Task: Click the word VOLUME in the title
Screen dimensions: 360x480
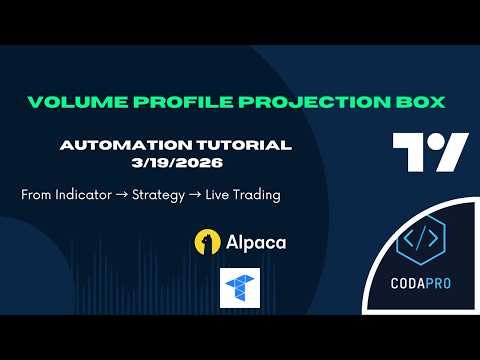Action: [x=69, y=102]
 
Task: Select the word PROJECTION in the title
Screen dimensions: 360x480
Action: [x=273, y=102]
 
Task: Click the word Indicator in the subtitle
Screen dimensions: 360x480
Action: [x=91, y=194]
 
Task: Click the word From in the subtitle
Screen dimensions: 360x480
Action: [x=37, y=194]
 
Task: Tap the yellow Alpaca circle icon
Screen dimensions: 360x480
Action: [x=208, y=242]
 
